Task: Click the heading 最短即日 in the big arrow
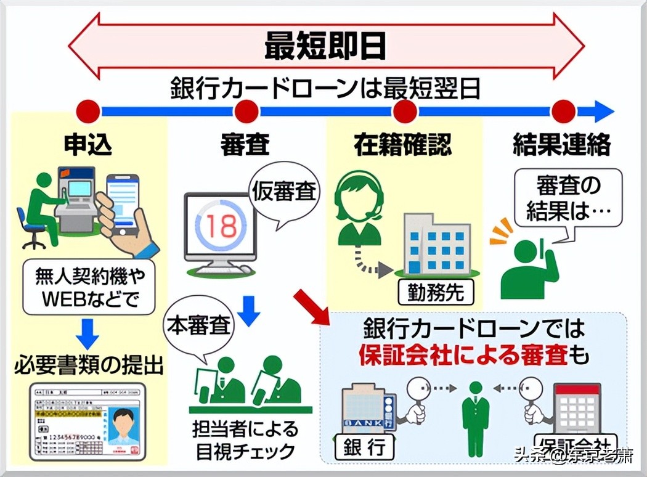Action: pos(325,46)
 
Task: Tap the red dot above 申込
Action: pos(88,112)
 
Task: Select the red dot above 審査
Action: pos(246,112)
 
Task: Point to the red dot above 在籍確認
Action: pos(405,112)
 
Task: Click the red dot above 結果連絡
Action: pos(563,112)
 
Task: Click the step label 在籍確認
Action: pos(403,145)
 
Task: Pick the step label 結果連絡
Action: pos(561,145)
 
